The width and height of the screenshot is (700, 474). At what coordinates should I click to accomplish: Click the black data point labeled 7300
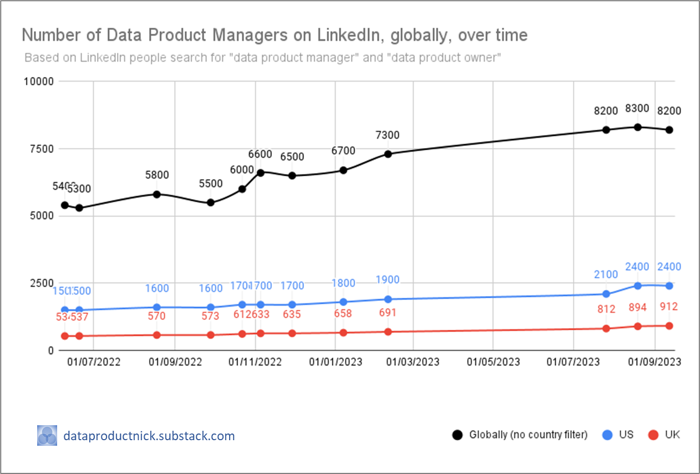pyautogui.click(x=388, y=154)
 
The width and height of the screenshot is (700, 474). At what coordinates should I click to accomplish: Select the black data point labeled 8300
pyautogui.click(x=638, y=127)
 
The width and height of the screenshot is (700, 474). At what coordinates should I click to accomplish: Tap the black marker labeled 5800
pyautogui.click(x=156, y=194)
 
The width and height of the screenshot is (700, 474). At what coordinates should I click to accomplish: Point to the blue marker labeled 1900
pyautogui.click(x=388, y=299)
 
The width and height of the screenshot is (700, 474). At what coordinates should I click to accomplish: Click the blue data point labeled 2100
pyautogui.click(x=606, y=294)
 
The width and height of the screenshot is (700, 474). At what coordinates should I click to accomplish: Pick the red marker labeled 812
pyautogui.click(x=606, y=328)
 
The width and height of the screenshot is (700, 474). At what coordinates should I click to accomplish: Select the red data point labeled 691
pyautogui.click(x=388, y=332)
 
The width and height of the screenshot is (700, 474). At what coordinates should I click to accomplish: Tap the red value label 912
pyautogui.click(x=669, y=307)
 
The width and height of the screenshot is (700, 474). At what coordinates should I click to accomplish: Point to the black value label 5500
pyautogui.click(x=211, y=184)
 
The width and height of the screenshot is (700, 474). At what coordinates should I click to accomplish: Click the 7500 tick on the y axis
pyautogui.click(x=42, y=149)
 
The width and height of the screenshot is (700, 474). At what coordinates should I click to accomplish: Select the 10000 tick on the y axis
pyautogui.click(x=39, y=81)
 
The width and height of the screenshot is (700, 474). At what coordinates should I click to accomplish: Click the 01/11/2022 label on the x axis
pyautogui.click(x=255, y=363)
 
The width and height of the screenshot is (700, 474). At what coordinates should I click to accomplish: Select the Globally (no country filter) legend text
pyautogui.click(x=527, y=435)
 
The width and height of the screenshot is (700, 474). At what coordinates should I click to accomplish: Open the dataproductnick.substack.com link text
pyautogui.click(x=149, y=436)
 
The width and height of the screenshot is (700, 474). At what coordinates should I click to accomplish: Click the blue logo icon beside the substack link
pyautogui.click(x=47, y=436)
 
